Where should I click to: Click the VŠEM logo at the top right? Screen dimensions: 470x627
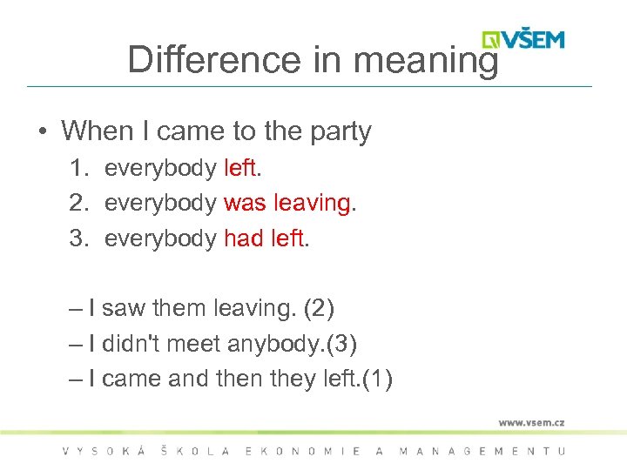tap(523, 39)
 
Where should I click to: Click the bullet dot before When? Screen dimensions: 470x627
tap(42, 132)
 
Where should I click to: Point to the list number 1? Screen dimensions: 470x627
tap(77, 168)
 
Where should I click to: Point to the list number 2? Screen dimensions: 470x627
tap(77, 203)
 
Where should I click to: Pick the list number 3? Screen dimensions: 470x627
tap(77, 238)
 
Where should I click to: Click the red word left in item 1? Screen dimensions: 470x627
tap(240, 168)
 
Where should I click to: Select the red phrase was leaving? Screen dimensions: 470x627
tap(287, 203)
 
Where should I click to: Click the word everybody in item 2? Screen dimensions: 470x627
tap(160, 203)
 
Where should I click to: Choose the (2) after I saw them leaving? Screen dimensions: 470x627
tap(318, 308)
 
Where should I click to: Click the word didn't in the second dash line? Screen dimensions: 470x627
tap(131, 344)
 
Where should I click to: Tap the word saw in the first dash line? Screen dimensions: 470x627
tap(124, 308)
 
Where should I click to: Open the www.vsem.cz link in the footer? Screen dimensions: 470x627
tap(531, 422)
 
